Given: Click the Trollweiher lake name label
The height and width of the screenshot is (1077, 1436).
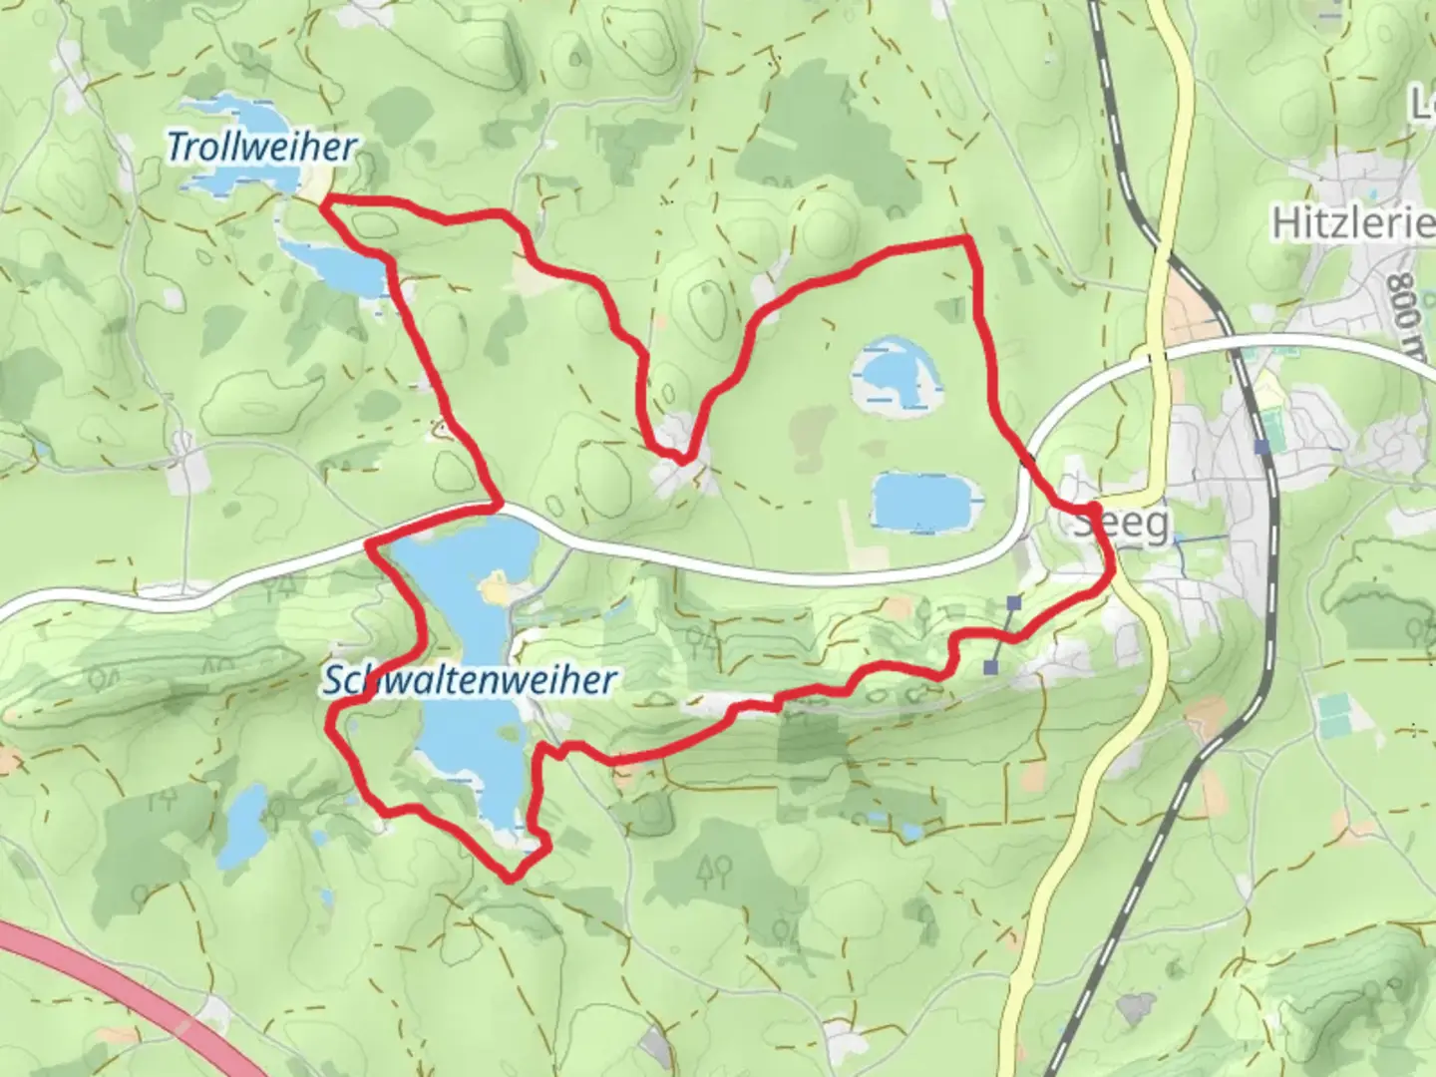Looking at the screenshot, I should coord(261,148).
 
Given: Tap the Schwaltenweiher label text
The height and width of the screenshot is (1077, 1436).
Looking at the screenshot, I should coord(469,681).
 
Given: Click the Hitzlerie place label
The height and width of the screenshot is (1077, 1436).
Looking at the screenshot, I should coord(1352,223).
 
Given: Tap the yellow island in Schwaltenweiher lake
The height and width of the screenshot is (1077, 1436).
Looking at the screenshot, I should coord(495,590).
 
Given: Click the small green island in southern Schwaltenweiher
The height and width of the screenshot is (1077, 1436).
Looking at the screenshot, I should coord(513,735).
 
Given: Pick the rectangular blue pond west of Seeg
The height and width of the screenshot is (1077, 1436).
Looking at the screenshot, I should coord(922,501).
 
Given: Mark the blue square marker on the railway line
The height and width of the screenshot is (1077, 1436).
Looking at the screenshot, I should coord(1263,448).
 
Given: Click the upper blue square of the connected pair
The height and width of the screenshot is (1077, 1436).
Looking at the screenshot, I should coord(1014,603).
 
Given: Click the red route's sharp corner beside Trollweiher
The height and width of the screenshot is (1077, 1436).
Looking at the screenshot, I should coord(325,203).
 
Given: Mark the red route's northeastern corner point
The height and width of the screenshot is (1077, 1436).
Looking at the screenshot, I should coord(966,239).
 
